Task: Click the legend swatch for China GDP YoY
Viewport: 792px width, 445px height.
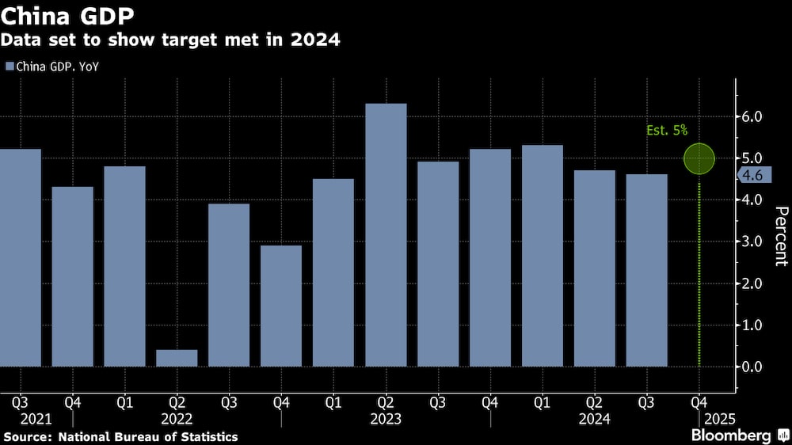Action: click(10, 67)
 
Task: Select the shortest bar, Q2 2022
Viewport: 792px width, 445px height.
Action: click(177, 358)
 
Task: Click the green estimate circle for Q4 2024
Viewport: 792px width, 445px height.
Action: click(699, 158)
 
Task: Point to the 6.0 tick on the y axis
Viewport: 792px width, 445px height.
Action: click(752, 116)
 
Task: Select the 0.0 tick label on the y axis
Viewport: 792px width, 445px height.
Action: click(752, 367)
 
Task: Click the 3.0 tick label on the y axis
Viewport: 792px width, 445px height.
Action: click(752, 242)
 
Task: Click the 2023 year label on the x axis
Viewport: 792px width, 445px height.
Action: click(386, 418)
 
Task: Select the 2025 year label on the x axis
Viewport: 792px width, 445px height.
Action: click(718, 418)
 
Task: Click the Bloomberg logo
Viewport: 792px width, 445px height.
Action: click(736, 435)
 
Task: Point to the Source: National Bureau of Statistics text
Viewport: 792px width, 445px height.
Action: click(120, 436)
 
